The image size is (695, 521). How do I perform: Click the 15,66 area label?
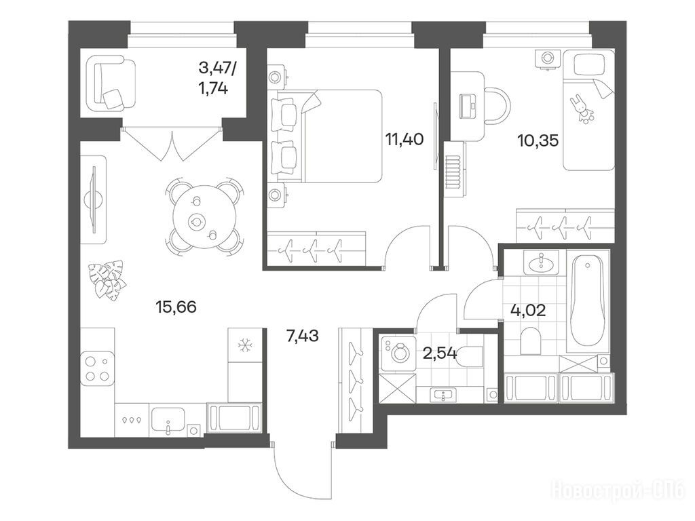point(176,306)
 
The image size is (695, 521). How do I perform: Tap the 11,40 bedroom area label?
point(405,140)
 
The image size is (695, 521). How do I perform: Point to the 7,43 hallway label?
point(303,336)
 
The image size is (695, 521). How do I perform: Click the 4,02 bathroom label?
point(528,309)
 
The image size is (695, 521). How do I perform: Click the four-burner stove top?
point(98,368)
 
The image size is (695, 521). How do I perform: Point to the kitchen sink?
point(168,419)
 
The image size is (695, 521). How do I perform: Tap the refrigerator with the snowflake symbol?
point(244,345)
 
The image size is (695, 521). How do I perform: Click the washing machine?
point(398,353)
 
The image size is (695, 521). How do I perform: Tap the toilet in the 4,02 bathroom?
point(531,341)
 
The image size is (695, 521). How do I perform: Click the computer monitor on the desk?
point(468,106)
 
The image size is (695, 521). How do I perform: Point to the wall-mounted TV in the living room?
point(94,199)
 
